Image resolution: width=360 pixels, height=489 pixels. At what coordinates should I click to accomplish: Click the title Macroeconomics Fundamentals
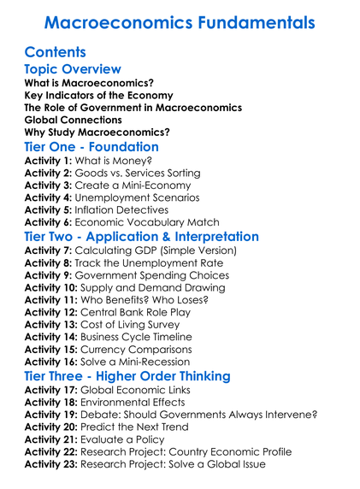click(x=180, y=21)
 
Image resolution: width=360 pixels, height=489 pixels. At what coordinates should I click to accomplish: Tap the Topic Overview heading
click(x=73, y=69)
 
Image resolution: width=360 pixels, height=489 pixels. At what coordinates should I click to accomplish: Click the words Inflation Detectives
click(x=126, y=209)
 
